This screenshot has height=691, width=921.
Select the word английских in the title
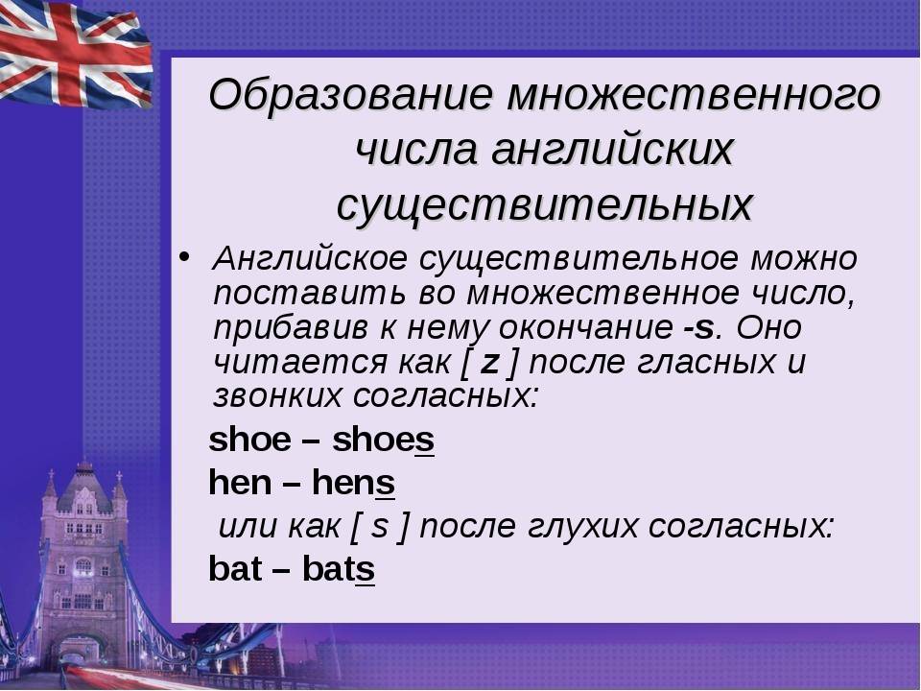[612, 150]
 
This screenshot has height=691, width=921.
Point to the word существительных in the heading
[545, 205]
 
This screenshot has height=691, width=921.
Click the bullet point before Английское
[184, 257]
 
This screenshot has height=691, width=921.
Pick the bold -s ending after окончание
[698, 328]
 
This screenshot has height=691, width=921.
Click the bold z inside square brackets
[490, 363]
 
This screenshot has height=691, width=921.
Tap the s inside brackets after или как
[380, 527]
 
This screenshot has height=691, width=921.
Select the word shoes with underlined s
[384, 440]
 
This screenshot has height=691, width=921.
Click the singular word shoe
[249, 440]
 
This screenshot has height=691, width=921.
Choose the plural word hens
[354, 483]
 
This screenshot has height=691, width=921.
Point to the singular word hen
[240, 483]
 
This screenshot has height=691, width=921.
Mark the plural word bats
[339, 569]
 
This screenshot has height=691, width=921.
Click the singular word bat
[235, 569]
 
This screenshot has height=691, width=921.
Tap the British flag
[75, 54]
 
